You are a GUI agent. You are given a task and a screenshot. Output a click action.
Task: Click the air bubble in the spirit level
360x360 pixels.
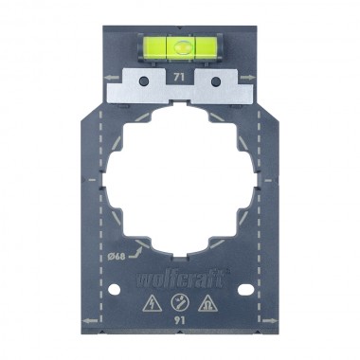pyautogui.click(x=180, y=43)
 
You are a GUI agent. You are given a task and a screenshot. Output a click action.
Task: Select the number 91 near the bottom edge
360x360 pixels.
pyautogui.click(x=180, y=321)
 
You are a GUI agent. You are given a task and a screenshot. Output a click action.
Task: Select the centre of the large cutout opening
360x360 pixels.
pyautogui.click(x=180, y=182)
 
